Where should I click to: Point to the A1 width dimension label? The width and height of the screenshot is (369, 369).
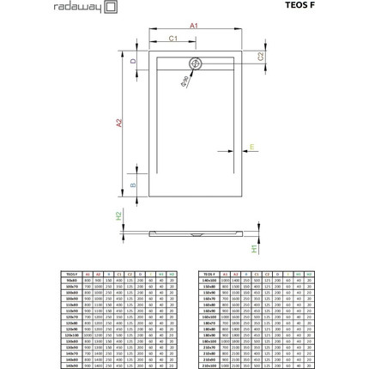pos(194,26)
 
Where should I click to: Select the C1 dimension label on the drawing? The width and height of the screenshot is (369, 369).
pos(172,39)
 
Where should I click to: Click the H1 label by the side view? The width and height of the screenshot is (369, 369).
pos(255,248)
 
